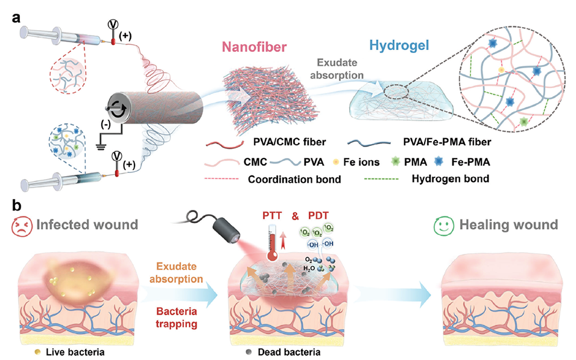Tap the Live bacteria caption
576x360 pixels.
(69, 350)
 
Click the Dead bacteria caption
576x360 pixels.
(288, 350)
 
